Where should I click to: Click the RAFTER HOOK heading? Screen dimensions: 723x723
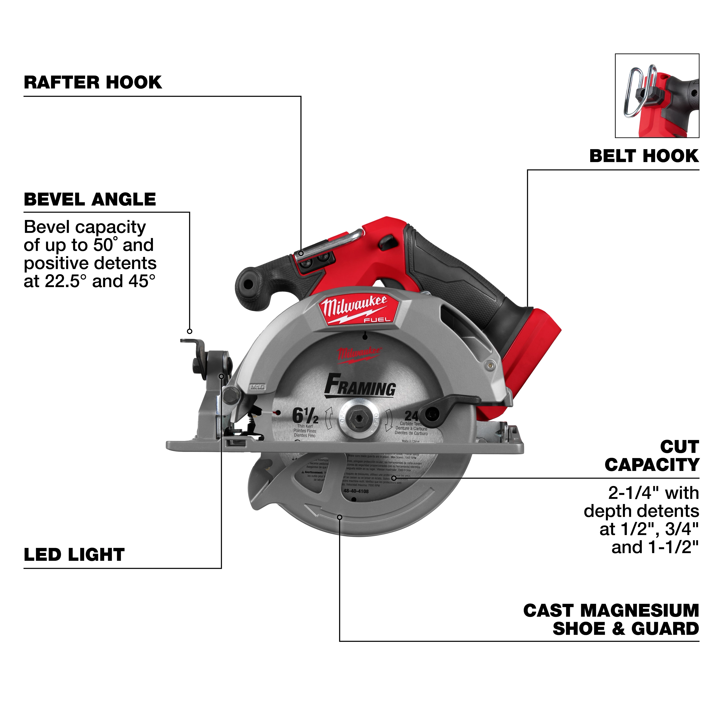93,82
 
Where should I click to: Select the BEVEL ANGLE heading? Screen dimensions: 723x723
90,200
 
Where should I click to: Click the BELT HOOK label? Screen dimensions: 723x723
644,156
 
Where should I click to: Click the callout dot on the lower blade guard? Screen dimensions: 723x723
340,517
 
